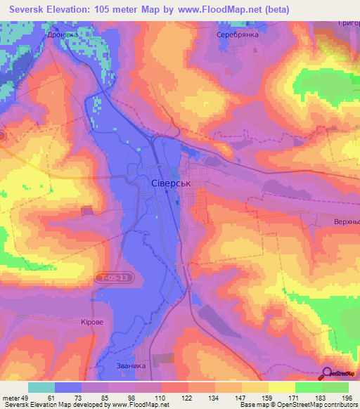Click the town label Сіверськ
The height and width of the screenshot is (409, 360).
point(172,183)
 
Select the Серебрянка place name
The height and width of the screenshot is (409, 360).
point(238,34)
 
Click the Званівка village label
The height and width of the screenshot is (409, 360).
point(131,365)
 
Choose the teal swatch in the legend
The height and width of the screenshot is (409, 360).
point(41,387)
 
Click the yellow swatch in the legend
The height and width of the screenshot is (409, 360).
point(281,387)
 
